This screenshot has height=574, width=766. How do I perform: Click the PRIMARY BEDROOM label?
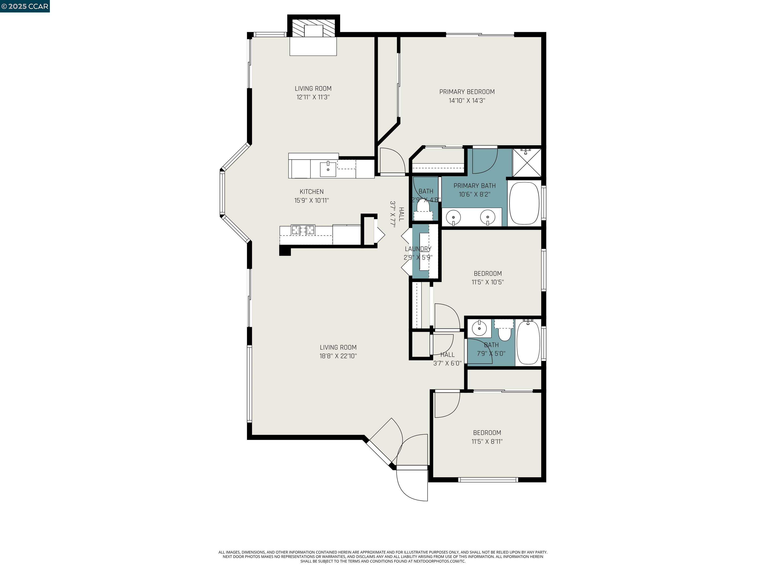click(467, 92)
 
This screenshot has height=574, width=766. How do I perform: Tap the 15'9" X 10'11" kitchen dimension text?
click(311, 200)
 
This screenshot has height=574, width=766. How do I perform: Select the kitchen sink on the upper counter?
click(328, 169)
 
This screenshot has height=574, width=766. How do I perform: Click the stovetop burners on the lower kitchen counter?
click(303, 230)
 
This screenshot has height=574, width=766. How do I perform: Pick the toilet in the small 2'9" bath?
click(423, 207)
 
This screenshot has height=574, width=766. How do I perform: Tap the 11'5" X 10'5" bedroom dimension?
click(487, 282)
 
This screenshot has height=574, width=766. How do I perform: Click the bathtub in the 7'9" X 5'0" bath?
click(528, 342)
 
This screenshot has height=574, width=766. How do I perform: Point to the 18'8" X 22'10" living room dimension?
click(338, 356)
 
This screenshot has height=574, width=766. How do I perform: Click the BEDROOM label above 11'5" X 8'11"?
click(487, 432)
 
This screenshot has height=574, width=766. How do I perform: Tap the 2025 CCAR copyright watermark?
click(25, 6)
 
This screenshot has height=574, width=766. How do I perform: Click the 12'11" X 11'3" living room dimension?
click(313, 97)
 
